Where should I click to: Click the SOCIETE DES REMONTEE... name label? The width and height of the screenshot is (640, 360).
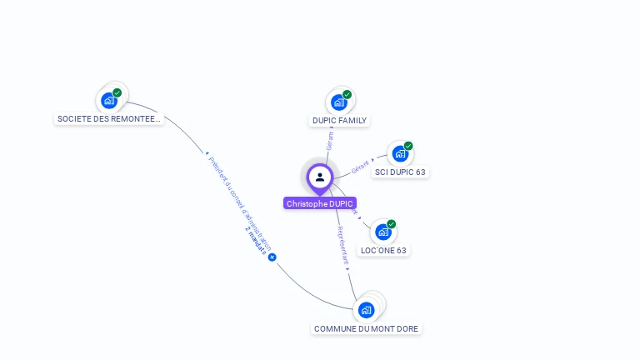pos(108,119)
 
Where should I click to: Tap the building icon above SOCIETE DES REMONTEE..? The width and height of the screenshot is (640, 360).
pos(108,101)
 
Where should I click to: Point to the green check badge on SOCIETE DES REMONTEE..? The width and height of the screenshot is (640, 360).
pos(117,92)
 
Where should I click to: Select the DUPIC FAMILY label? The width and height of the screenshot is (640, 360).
pos(339,121)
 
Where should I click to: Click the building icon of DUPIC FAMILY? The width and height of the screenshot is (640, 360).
pos(338,102)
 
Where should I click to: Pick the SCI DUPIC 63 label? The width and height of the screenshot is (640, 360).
pos(400,172)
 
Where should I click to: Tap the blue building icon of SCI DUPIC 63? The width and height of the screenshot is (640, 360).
pos(400,154)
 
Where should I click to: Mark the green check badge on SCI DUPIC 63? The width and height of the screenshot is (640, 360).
pos(408,146)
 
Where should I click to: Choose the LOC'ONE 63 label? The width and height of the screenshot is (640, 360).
pos(384,250)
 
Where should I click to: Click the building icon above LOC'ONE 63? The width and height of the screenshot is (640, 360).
pos(383,232)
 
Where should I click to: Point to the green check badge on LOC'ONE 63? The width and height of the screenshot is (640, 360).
pos(392,223)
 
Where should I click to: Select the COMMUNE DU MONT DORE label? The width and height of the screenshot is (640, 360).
pos(367,329)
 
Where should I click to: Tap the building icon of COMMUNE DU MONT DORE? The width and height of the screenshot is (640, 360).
pos(366,310)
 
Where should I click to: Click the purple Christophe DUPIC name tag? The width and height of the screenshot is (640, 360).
pos(320,203)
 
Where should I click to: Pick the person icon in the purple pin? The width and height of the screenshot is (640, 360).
pos(320,177)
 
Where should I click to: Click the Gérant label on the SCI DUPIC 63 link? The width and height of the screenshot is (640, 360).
pos(360,166)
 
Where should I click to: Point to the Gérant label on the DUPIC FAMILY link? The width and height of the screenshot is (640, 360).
pos(330,140)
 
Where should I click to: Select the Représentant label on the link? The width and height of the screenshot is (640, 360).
pos(342,245)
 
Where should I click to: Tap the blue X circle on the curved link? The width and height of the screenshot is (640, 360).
pos(272,257)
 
